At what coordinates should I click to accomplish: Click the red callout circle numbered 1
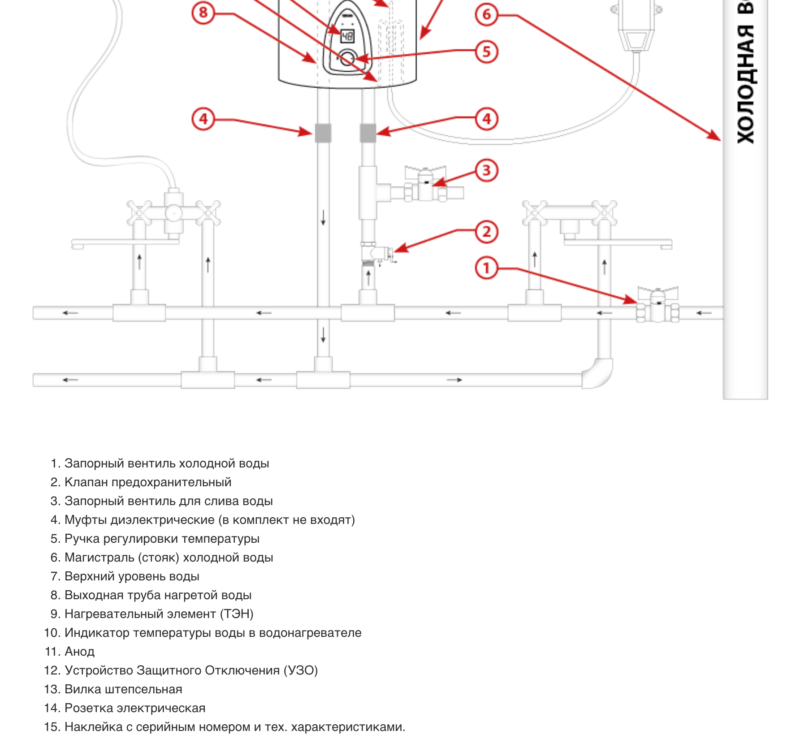coord(486,268)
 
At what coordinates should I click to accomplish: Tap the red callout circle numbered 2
coord(486,232)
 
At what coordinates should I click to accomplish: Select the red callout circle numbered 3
coord(486,170)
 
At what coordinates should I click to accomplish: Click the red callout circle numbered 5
coord(486,52)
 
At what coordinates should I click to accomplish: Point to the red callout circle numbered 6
coord(486,14)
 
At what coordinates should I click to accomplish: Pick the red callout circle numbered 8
coord(203,13)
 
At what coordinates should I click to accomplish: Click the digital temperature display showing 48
coord(347,36)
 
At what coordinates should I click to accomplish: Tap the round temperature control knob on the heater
coord(346,59)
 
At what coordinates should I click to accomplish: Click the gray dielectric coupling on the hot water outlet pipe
coord(323,133)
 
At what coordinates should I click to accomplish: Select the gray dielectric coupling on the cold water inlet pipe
coord(368,133)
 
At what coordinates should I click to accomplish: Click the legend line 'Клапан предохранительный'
coord(148,482)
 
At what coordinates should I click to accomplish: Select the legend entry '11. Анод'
coord(70,652)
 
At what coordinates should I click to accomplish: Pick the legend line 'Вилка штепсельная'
coord(123,689)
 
